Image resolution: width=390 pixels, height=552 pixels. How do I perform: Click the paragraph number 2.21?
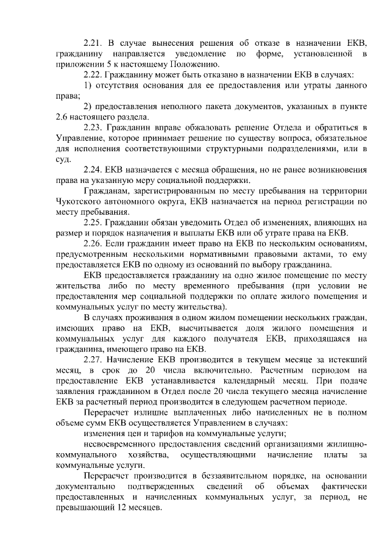94,43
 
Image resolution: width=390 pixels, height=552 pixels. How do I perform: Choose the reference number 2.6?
62,116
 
